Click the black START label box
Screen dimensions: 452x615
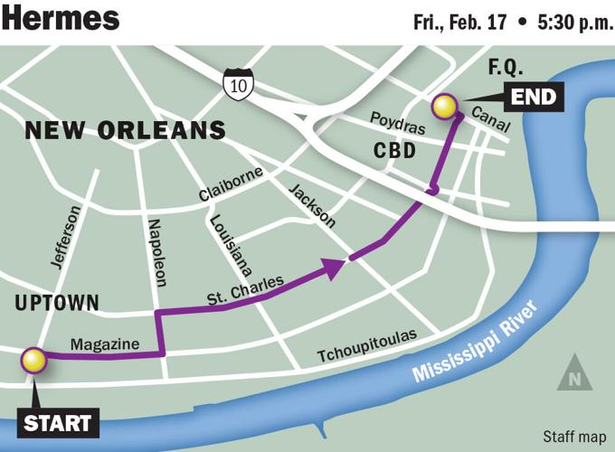57,422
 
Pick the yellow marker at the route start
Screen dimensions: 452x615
34,361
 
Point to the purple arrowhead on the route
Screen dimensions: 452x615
336,265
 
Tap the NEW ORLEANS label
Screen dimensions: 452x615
125,130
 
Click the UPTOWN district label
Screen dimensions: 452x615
57,304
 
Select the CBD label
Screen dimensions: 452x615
394,150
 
